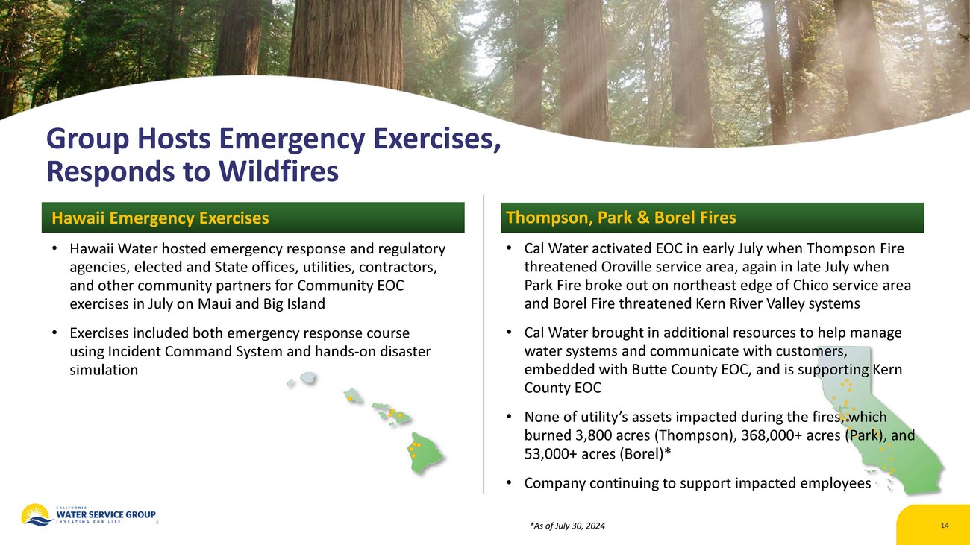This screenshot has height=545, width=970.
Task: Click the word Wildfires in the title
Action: tap(278, 171)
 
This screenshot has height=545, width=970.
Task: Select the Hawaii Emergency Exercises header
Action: tap(160, 218)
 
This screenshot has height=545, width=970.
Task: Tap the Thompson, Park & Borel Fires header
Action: tap(621, 218)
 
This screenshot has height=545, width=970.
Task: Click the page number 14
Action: tap(945, 525)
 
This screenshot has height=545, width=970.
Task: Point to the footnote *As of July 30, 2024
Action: tap(567, 526)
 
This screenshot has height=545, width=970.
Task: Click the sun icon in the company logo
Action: tap(37, 514)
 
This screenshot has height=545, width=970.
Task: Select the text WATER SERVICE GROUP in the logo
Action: tap(106, 514)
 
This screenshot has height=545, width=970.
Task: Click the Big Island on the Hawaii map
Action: tap(425, 453)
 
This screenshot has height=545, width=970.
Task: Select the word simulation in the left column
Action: tap(104, 370)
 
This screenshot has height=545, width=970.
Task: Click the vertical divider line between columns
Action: tap(484, 344)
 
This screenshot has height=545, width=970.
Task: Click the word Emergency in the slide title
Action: tap(292, 139)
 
